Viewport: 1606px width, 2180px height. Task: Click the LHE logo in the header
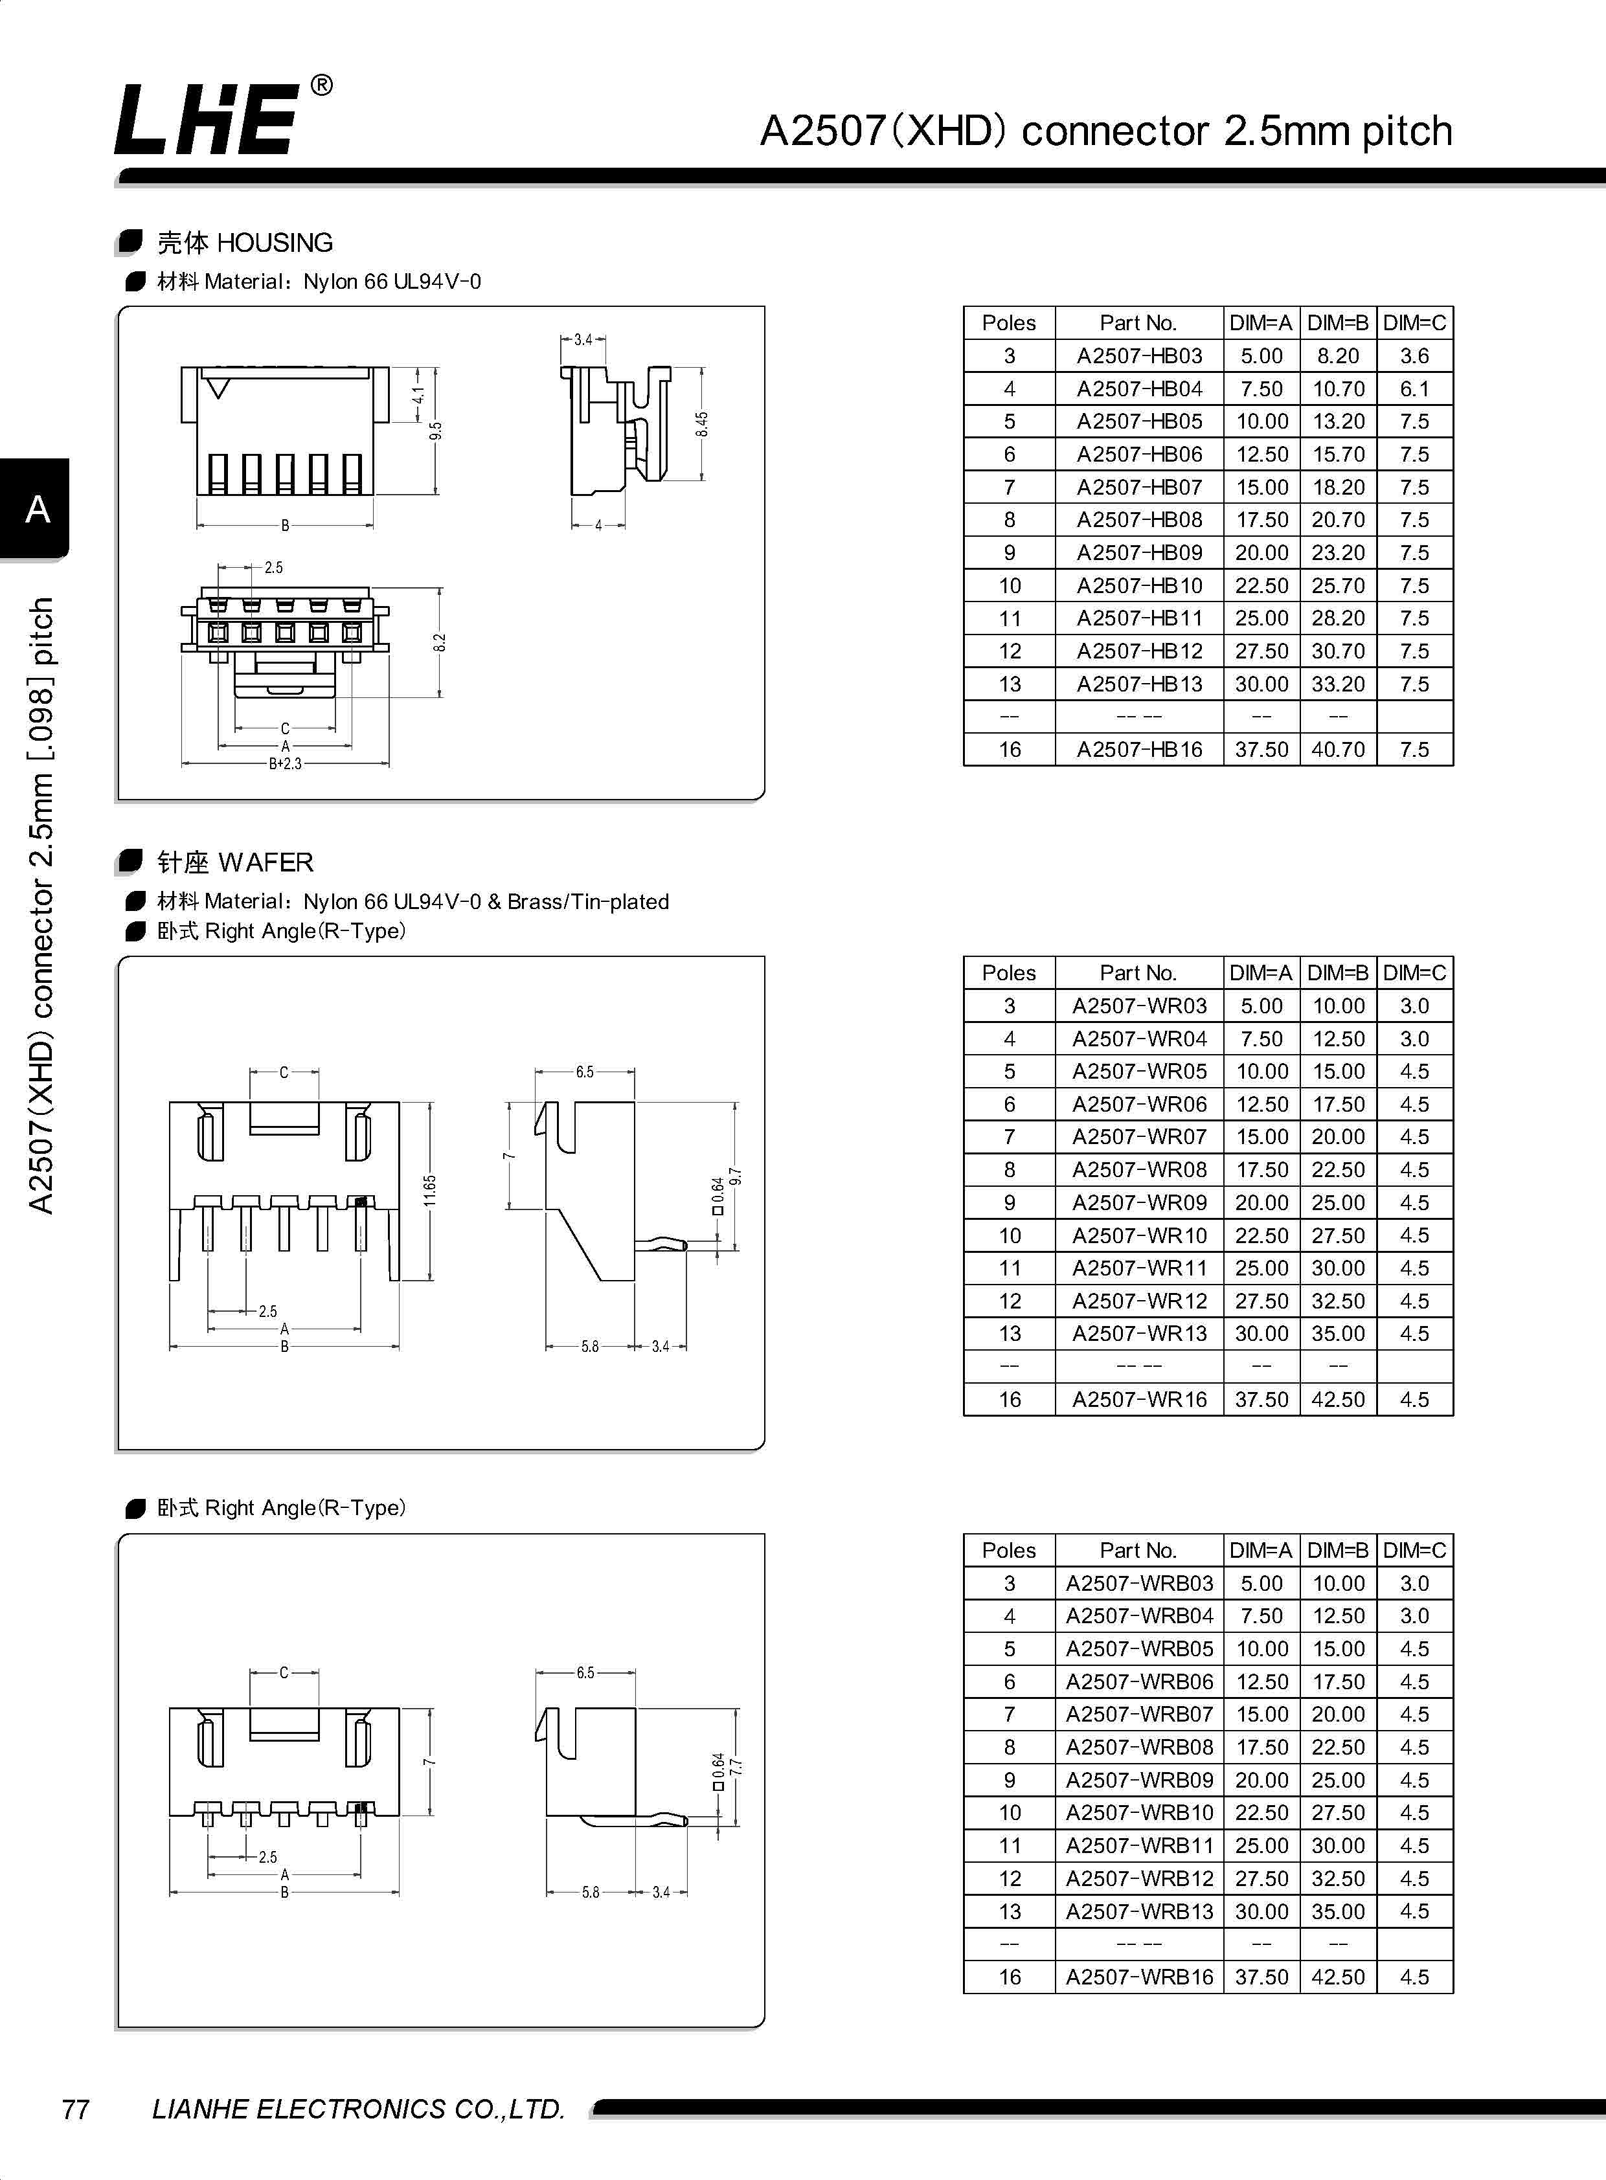tap(206, 118)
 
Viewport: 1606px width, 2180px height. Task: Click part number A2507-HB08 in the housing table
tap(1138, 520)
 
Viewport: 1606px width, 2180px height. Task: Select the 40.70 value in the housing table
tap(1338, 749)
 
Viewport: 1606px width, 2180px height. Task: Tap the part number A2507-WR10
tap(1138, 1235)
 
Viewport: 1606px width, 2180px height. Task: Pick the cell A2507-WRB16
tap(1138, 1977)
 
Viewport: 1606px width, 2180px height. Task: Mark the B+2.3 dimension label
tap(285, 764)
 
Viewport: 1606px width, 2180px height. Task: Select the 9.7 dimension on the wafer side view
tap(736, 1177)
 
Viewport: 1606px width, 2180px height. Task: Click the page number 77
tap(76, 2108)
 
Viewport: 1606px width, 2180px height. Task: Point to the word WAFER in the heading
tap(266, 863)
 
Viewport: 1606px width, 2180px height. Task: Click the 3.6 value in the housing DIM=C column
tap(1414, 355)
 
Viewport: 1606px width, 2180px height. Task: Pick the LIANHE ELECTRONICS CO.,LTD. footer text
tap(357, 2108)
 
